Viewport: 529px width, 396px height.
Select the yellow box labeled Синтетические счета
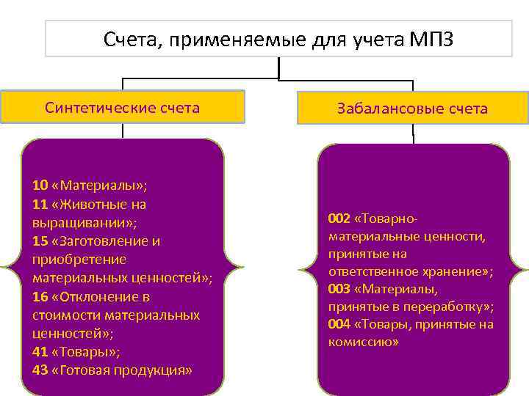click(x=122, y=107)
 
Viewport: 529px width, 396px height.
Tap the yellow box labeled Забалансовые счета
click(x=412, y=109)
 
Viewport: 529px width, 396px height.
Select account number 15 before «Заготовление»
click(x=40, y=241)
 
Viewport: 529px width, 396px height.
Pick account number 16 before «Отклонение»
click(x=40, y=296)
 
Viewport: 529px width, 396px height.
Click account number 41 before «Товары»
click(x=40, y=351)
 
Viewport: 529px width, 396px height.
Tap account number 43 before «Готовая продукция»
click(x=40, y=370)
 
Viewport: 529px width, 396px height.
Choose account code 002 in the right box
click(x=339, y=219)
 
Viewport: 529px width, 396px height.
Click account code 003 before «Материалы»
click(x=339, y=289)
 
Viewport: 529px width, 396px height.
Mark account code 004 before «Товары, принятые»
click(x=339, y=324)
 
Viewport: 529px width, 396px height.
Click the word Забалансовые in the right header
click(x=381, y=109)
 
